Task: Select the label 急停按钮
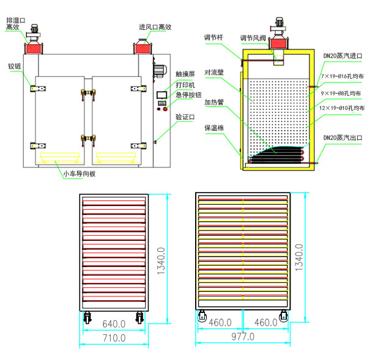coord(187,95)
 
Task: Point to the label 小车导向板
coord(79,174)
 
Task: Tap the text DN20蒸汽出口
coord(343,138)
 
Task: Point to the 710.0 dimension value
coord(114,337)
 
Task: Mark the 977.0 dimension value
coord(243,337)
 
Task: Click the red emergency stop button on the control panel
coord(166,109)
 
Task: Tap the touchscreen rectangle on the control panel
coord(162,94)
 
